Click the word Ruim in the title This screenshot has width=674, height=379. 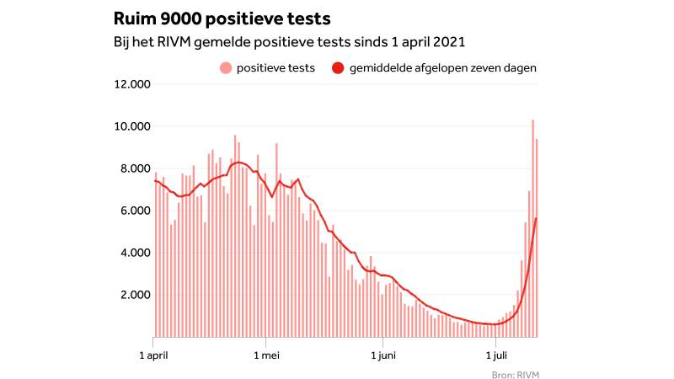click(134, 19)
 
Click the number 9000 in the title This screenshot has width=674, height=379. click(185, 19)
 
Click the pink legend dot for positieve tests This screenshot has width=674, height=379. click(225, 68)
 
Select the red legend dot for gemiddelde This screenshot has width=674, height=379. click(337, 68)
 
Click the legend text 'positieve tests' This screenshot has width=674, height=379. click(276, 68)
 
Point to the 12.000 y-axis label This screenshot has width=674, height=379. click(131, 84)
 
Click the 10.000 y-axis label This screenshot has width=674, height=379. click(131, 126)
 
